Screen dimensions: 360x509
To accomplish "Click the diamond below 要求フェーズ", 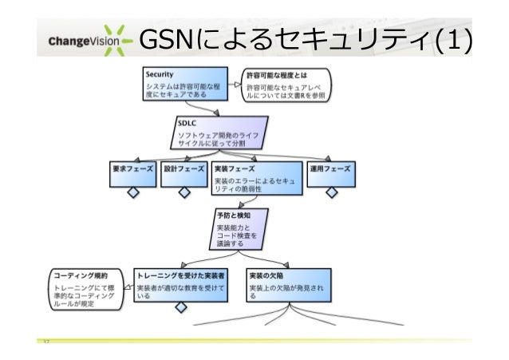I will click(133, 192).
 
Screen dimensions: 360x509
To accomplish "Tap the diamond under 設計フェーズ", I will click(183, 192).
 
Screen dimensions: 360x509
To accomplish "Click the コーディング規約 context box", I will click(87, 288).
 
